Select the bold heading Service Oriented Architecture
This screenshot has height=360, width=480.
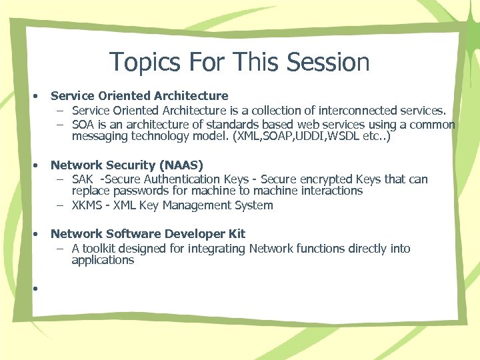tap(139, 96)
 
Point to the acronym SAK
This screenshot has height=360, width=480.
tap(83, 179)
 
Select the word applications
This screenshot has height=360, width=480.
tap(103, 260)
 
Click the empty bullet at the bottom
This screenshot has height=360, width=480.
tap(33, 287)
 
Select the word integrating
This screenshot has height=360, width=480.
tap(215, 249)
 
